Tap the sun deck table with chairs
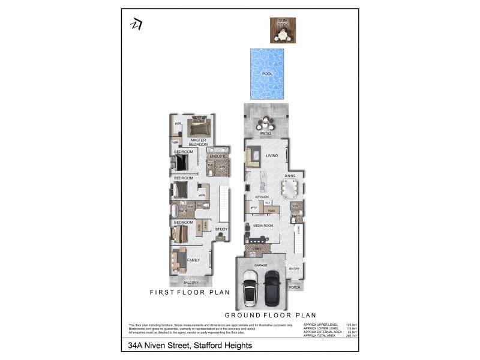(281, 35)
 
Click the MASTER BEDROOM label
(198, 142)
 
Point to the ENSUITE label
(217, 157)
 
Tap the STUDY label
(221, 229)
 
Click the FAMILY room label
(193, 260)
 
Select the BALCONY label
(191, 282)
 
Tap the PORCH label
(294, 287)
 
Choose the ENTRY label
(294, 268)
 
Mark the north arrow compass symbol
(136, 23)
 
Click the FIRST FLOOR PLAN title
(190, 293)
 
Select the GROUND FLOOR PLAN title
(270, 315)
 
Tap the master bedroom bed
(199, 127)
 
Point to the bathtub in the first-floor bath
(175, 211)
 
